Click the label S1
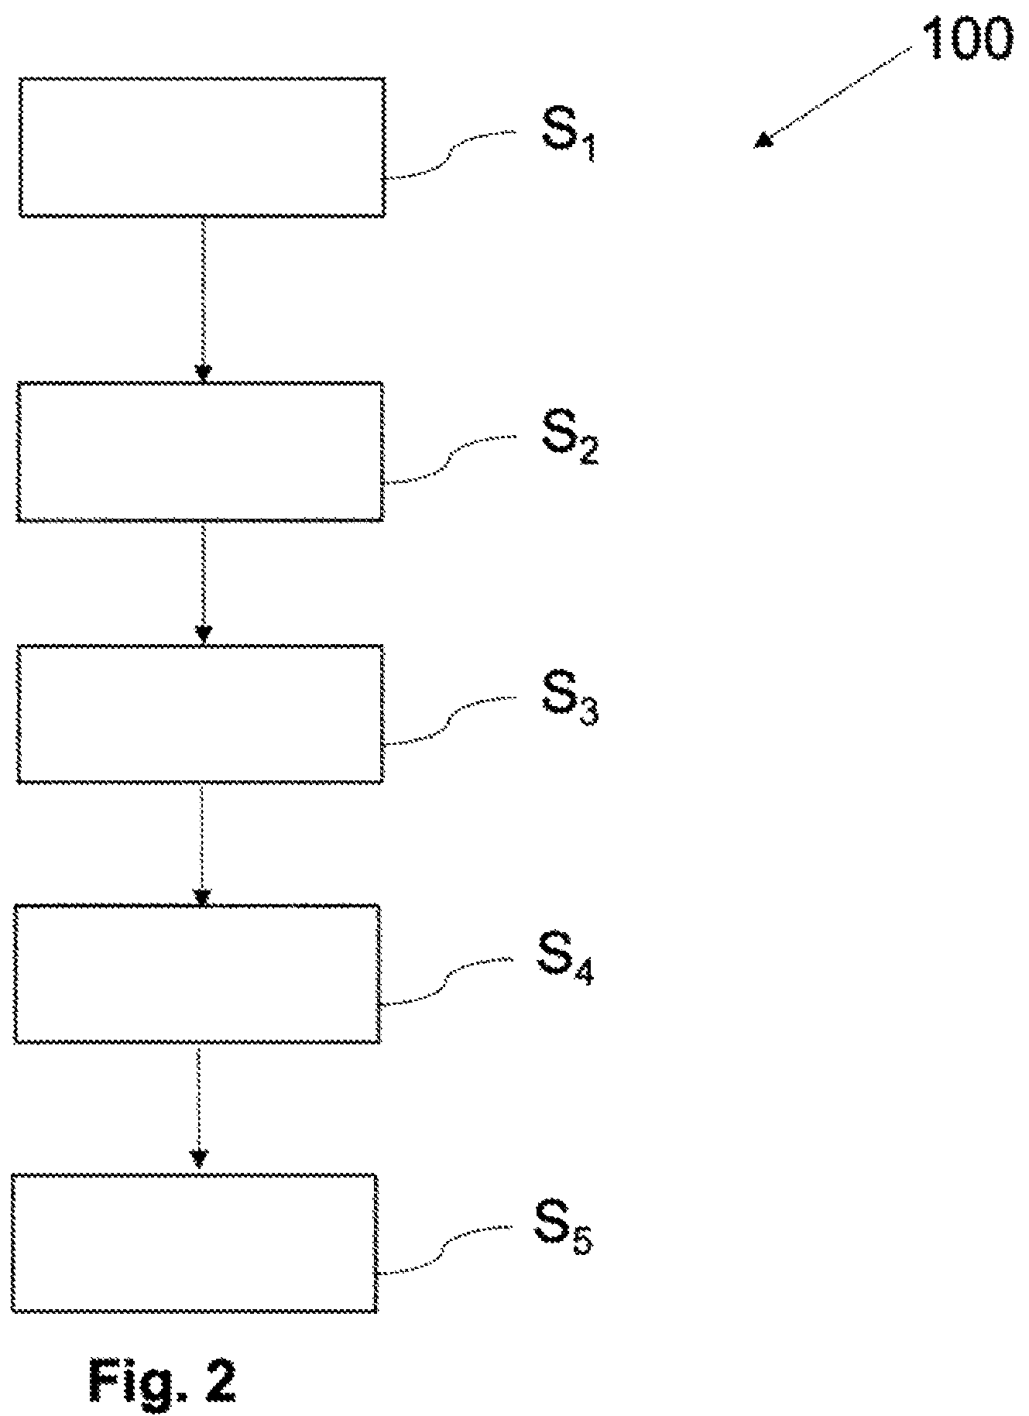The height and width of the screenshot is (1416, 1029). point(567,135)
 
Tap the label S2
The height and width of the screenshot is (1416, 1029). point(568,439)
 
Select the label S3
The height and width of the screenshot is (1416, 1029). point(569,700)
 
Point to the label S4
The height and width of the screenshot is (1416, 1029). point(564,960)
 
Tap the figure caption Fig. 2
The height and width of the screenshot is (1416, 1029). point(163,1380)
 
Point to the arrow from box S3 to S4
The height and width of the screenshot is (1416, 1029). point(201,844)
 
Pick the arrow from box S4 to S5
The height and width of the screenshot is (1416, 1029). point(199,1109)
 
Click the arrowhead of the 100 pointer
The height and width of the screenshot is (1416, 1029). point(764,139)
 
